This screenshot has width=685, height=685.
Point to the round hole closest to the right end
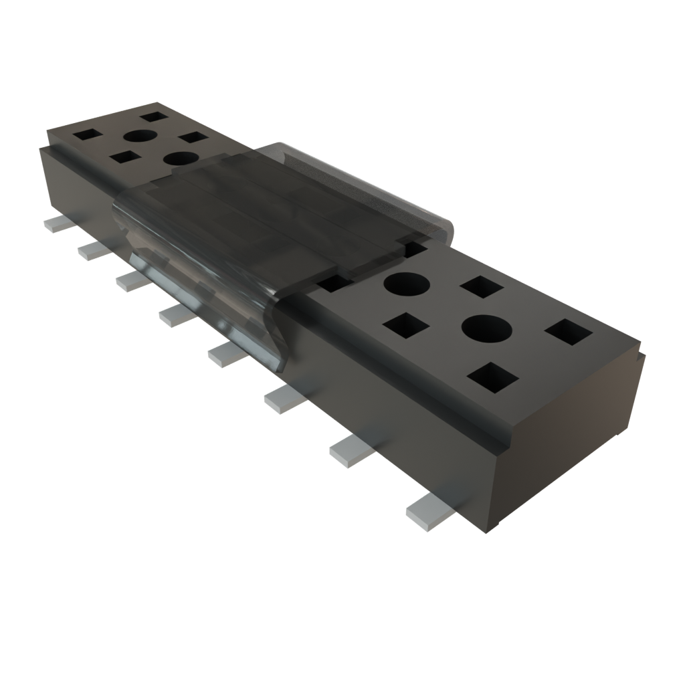486,327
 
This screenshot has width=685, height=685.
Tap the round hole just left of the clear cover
181,159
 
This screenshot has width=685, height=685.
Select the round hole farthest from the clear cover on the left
139,136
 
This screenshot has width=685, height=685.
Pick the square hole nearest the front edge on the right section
493,377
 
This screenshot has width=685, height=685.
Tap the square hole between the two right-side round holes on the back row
482,287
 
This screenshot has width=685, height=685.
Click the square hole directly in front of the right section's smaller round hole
406,327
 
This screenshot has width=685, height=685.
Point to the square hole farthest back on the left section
154,116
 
